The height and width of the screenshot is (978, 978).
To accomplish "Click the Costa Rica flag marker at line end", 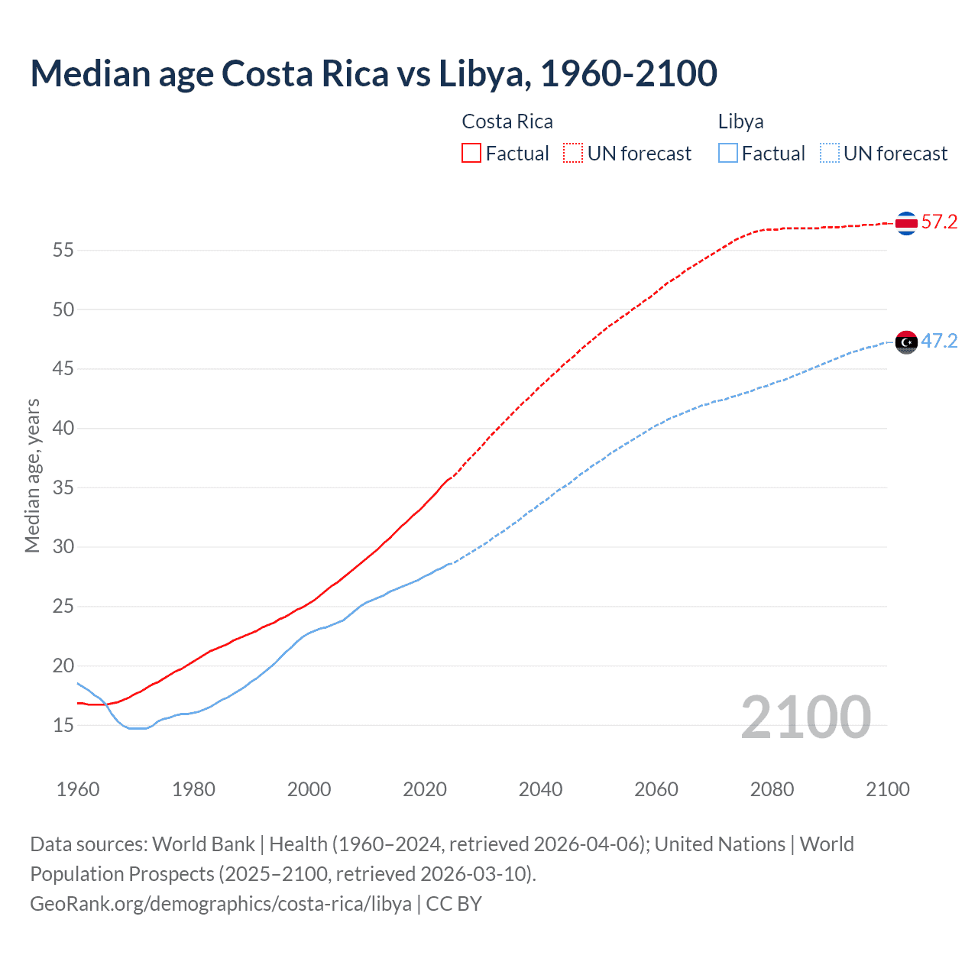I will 906,223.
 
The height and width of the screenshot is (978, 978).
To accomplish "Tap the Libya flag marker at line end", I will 906,342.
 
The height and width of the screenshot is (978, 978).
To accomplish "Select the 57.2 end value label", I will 939,222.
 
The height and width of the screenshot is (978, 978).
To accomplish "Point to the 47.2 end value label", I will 939,341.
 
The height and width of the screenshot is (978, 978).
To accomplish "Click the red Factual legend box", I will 471,154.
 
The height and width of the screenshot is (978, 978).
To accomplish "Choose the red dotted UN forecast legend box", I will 573,154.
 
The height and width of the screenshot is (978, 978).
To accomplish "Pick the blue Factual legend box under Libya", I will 727,154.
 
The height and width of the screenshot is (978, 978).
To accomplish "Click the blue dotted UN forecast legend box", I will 829,154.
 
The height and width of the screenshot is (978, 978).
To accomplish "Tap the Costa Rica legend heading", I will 507,121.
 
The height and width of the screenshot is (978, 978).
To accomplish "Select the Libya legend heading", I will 740,121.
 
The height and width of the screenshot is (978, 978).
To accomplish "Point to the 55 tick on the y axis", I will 63,250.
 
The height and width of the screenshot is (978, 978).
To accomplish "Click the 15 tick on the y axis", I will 63,725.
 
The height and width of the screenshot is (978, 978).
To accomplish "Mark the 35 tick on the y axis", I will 63,487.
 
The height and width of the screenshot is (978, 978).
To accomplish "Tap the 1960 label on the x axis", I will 78,789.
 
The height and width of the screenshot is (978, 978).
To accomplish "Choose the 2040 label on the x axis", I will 540,789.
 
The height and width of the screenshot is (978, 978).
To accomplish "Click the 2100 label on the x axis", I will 887,789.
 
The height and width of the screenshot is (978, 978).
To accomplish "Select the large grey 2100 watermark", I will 805,717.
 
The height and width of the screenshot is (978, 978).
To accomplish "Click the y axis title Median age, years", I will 32,475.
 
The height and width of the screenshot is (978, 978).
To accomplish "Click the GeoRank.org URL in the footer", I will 221,904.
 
